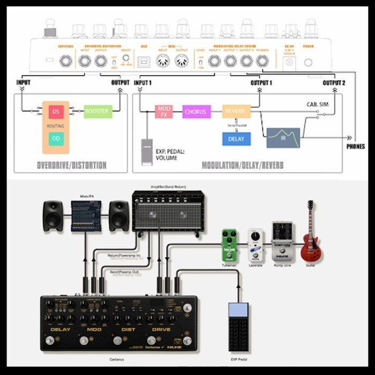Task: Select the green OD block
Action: point(56,138)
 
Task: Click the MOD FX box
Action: point(163,112)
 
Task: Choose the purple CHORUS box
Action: point(196,112)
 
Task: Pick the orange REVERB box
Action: point(237,112)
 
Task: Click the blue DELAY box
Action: point(236,139)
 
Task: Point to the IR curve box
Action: point(283,138)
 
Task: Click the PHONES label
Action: point(356,146)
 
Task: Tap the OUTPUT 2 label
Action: point(334,83)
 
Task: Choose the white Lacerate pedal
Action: point(256,245)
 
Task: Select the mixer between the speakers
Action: point(86,216)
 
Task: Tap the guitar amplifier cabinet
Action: point(168,211)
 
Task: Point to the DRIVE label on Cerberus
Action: point(161,329)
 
